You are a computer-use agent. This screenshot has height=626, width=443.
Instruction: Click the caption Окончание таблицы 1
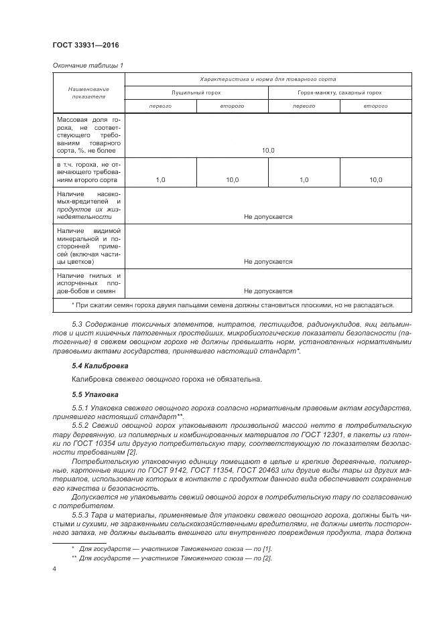[87, 65]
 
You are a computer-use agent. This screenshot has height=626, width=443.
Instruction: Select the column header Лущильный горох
[196, 92]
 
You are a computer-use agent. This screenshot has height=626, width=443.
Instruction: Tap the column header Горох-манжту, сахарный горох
[339, 92]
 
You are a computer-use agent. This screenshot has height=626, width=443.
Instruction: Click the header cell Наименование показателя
[88, 92]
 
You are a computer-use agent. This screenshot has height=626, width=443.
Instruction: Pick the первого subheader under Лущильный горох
[161, 106]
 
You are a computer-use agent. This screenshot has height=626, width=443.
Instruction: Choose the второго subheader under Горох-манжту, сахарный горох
[375, 106]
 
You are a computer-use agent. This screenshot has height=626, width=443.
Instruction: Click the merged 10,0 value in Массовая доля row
[268, 151]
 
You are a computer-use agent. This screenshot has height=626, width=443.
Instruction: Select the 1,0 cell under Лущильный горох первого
[161, 179]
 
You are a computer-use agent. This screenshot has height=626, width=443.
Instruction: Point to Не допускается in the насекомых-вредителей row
[268, 216]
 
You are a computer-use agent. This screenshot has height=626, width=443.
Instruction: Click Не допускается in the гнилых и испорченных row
[268, 291]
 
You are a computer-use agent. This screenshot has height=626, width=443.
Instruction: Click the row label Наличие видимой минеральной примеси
[88, 246]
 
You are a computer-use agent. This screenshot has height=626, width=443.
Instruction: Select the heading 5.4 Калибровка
[100, 366]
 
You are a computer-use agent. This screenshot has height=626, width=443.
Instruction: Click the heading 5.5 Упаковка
[94, 394]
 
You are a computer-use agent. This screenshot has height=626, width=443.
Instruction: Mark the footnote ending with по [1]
[175, 548]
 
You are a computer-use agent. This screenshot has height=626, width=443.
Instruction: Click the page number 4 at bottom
[54, 568]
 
